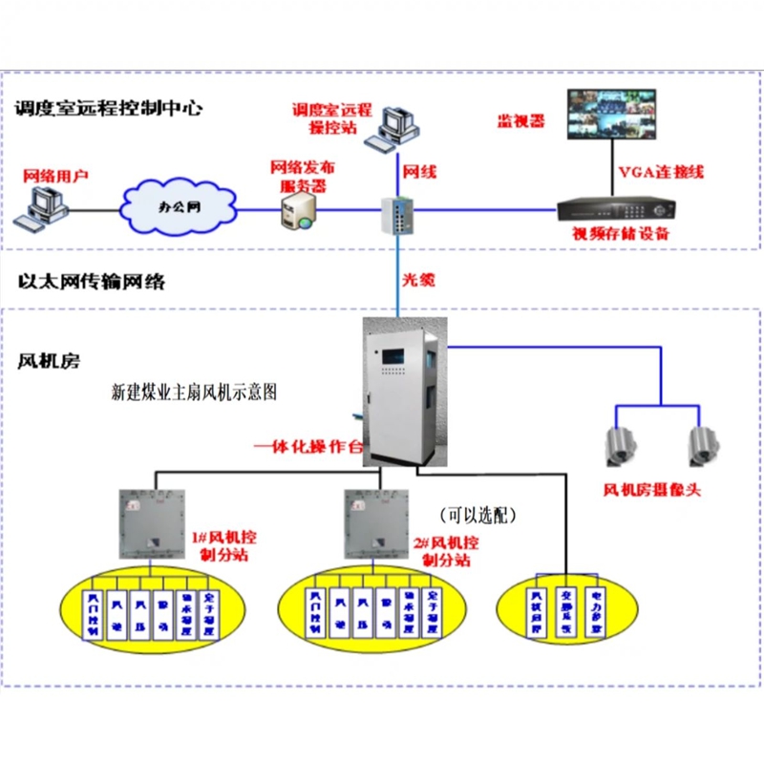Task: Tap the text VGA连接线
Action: point(661,173)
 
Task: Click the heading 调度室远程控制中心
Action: point(109,107)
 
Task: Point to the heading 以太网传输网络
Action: point(92,282)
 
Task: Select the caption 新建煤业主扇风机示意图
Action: point(195,392)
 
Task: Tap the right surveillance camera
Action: point(703,445)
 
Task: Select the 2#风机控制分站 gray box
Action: point(374,522)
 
